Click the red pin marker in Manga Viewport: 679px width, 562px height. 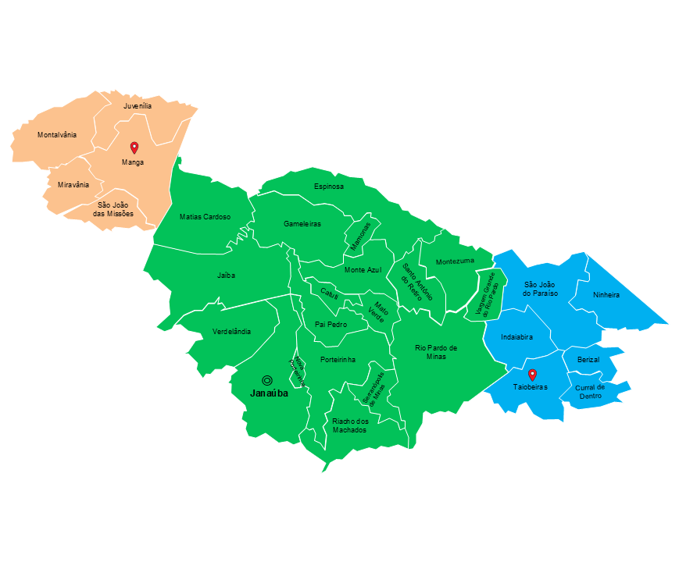pyautogui.click(x=134, y=147)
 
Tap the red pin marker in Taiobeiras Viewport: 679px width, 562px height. pyautogui.click(x=532, y=374)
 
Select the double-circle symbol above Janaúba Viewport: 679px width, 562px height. pyautogui.click(x=267, y=380)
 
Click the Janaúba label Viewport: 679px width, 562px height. pyautogui.click(x=269, y=393)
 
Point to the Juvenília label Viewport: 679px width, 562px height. pyautogui.click(x=138, y=105)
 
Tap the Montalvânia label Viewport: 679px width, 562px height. pyautogui.click(x=57, y=135)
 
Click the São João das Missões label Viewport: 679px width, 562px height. pyautogui.click(x=113, y=209)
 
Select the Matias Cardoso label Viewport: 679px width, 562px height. pyautogui.click(x=205, y=217)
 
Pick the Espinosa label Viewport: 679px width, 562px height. pyautogui.click(x=328, y=187)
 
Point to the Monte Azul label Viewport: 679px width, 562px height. pyautogui.click(x=363, y=270)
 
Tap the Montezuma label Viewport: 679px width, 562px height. pyautogui.click(x=455, y=261)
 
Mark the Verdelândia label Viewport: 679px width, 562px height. pyautogui.click(x=232, y=332)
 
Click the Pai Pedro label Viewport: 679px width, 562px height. pyautogui.click(x=331, y=324)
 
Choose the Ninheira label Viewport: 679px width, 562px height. pyautogui.click(x=606, y=295)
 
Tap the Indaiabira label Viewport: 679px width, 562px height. pyautogui.click(x=516, y=337)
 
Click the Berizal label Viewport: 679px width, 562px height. pyautogui.click(x=588, y=359)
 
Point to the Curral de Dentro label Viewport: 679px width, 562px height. pyautogui.click(x=590, y=391)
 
